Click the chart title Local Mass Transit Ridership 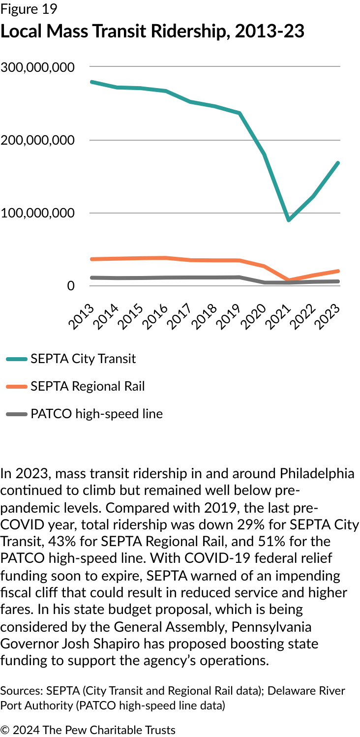[152, 31]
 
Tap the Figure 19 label [29, 9]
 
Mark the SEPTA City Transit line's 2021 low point [289, 220]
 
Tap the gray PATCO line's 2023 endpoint [338, 281]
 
